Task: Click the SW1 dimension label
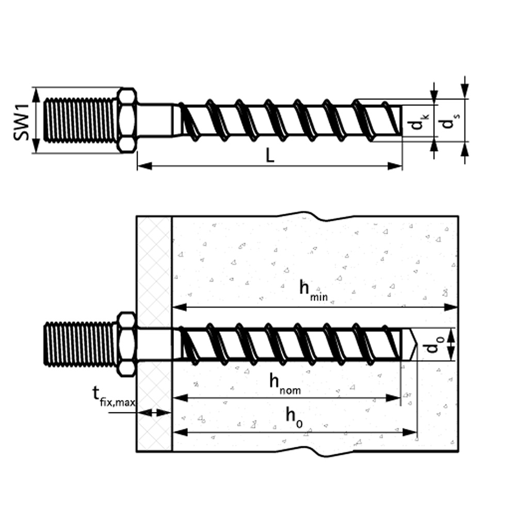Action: [x=21, y=121]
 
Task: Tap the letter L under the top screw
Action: [x=269, y=155]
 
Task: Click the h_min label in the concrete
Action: [x=313, y=290]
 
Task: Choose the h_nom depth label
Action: [x=285, y=383]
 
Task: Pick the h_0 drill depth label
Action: [x=294, y=418]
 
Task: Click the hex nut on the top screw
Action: [x=127, y=120]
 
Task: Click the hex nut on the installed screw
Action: [x=127, y=344]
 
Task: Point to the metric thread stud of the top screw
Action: [x=80, y=120]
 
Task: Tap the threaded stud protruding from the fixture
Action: [x=80, y=344]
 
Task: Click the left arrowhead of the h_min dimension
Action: [x=180, y=308]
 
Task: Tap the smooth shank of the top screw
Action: [x=155, y=120]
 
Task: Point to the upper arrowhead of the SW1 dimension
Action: [x=37, y=95]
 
